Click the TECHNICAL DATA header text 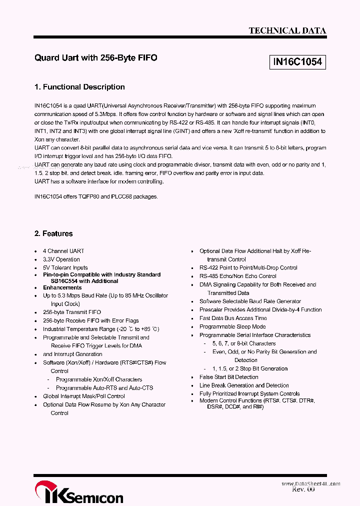point(287,30)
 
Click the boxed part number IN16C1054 point(297,62)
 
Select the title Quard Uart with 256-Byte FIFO point(95,58)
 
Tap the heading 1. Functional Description point(79,87)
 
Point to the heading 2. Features point(53,233)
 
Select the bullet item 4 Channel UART point(63,251)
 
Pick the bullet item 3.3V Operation point(61,259)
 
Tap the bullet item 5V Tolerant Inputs point(65,267)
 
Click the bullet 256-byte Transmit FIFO point(71,312)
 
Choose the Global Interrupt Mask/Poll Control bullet point(84,396)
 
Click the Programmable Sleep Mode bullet point(232,326)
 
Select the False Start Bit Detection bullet point(229,377)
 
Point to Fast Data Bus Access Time point(233,318)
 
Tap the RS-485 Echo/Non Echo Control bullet point(238,276)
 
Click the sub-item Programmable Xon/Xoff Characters point(99,379)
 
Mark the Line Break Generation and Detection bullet point(244,385)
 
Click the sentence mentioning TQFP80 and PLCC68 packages point(96,196)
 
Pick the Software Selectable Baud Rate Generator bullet point(250,301)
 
